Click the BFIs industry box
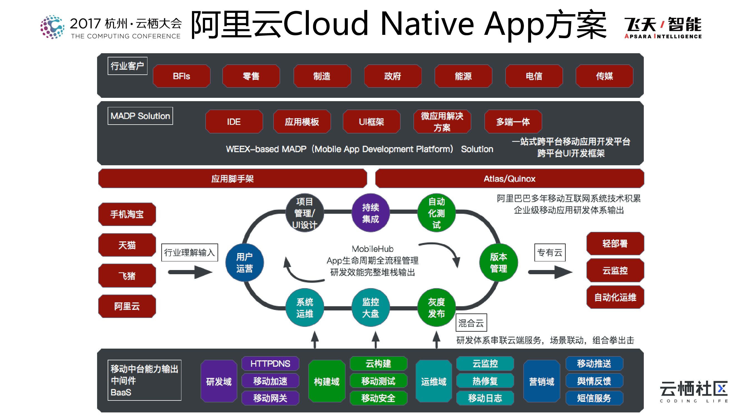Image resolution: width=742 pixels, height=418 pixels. coord(181,76)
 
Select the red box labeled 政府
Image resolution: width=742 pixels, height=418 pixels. coord(393,76)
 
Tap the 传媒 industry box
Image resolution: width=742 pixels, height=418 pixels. coord(604,76)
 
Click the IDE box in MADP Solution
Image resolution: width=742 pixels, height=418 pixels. coord(234,122)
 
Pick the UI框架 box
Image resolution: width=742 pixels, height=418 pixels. coord(371,122)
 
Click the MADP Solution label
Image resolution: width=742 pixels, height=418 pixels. coord(140,116)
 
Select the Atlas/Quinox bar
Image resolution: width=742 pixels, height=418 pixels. coord(509,179)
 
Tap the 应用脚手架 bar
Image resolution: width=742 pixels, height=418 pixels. coord(233,179)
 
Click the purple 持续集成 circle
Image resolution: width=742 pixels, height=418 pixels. coord(370,213)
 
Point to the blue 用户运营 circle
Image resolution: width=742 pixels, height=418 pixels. coord(244,263)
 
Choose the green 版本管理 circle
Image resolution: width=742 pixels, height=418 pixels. coord(498,263)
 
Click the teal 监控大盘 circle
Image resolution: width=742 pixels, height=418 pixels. coord(370,308)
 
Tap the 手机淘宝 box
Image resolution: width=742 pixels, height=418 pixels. coord(127,214)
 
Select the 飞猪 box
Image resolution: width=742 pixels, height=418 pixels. coord(127,276)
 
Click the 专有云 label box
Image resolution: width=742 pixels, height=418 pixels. coord(549,253)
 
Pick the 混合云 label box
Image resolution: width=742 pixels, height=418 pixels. coord(471,323)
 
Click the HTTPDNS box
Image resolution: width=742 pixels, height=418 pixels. coord(270,363)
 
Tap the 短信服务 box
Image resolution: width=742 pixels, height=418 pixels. coord(594,398)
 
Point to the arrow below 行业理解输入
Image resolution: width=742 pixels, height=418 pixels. coord(190,272)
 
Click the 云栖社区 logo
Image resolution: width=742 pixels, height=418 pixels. coord(693,391)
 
